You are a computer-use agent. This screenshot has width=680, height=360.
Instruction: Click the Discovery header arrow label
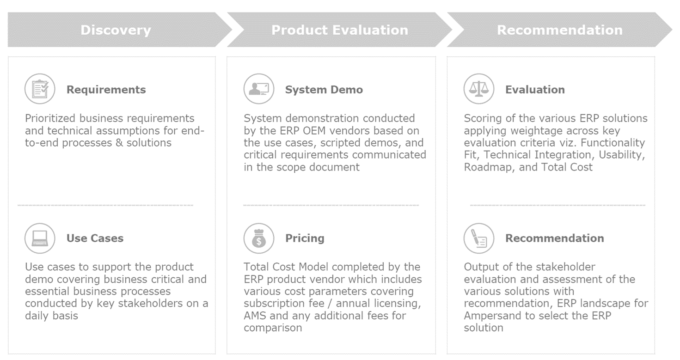pos(116,31)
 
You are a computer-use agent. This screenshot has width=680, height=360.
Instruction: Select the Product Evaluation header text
pos(340,31)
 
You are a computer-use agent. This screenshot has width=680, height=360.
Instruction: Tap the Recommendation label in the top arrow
pos(559,31)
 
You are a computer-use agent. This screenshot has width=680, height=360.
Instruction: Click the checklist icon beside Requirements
pos(40,89)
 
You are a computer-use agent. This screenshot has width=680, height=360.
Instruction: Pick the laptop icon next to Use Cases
pos(40,238)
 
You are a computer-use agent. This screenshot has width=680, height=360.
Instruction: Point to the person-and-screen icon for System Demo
pos(259,89)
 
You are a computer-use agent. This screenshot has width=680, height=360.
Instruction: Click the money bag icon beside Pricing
pos(259,238)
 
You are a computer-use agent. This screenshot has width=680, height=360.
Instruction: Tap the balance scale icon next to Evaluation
pos(479,89)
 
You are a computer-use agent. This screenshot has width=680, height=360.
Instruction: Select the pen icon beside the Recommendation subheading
pos(479,238)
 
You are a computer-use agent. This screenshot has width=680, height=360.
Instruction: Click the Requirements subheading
pos(106,90)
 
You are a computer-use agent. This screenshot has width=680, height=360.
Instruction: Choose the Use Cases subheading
pos(95,238)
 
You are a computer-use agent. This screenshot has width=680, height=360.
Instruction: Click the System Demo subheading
pos(324,90)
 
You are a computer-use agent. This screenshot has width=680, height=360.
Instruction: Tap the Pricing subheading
pos(305,238)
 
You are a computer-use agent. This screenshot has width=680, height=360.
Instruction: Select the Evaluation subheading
pos(535,90)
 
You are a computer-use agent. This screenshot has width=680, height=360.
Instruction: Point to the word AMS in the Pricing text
pos(255,316)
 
